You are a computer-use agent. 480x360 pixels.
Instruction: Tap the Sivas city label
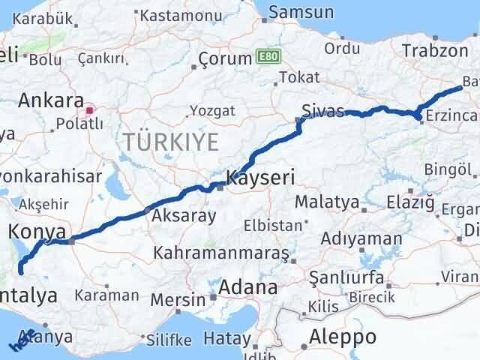pos(322,111)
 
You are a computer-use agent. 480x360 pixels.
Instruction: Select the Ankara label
pos(50,100)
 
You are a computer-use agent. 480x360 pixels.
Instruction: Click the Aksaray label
pos(184,216)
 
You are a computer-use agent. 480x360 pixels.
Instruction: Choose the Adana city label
pos(248,287)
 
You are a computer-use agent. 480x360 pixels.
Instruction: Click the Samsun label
pos(301,12)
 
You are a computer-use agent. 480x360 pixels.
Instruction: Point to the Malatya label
pos(327,202)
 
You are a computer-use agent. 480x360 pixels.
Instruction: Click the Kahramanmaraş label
pos(221,253)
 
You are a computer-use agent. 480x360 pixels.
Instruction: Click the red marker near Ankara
pos(90,110)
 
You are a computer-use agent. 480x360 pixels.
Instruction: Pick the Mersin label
pos(177,300)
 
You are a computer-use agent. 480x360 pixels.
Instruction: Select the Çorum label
pos(225,59)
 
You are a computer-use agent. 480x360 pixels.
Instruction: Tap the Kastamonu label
pos(178,15)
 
